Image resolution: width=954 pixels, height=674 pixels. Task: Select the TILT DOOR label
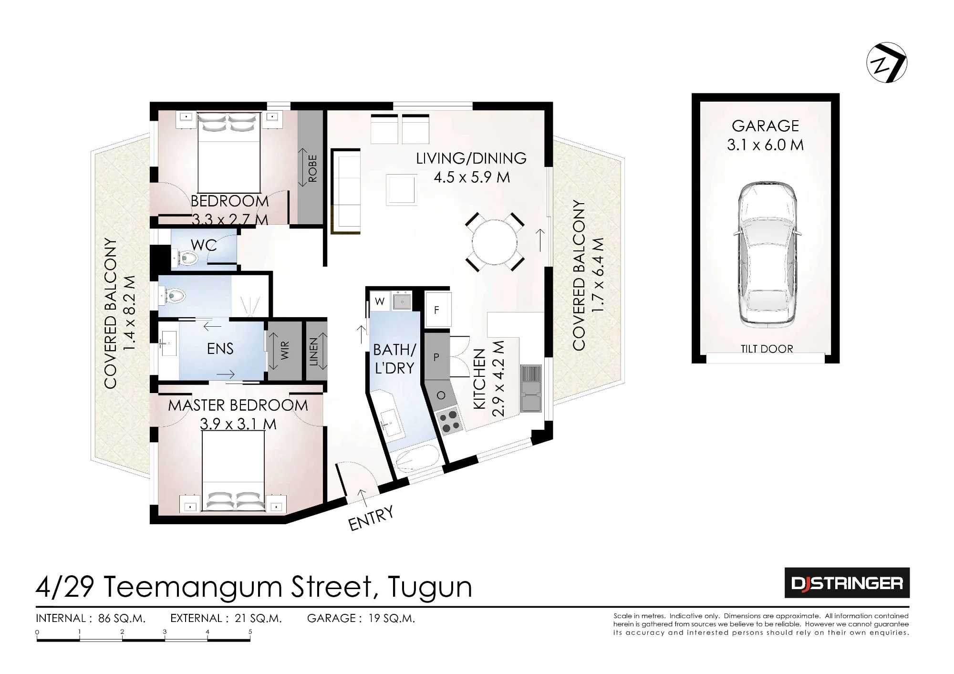click(767, 349)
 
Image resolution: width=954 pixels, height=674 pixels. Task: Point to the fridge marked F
click(437, 310)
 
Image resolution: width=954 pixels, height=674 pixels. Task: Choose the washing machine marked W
click(380, 301)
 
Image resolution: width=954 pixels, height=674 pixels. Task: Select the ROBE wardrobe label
click(312, 168)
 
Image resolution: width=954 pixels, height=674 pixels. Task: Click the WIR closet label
click(285, 351)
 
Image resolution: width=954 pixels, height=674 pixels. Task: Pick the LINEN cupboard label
click(313, 352)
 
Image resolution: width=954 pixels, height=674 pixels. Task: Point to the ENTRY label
click(372, 518)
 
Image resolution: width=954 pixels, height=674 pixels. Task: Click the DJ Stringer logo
click(847, 582)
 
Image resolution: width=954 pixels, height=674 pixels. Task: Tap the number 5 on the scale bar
click(250, 632)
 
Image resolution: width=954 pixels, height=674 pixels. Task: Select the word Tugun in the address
click(430, 587)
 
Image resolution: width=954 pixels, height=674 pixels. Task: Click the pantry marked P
click(436, 356)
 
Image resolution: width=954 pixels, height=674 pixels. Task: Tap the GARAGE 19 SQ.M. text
click(361, 618)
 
